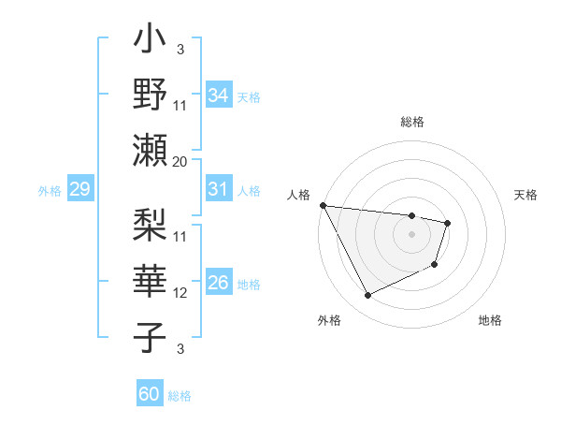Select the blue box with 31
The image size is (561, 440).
(218, 189)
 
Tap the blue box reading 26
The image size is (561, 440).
(218, 283)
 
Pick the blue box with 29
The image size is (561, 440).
(79, 190)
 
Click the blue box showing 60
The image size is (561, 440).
(149, 394)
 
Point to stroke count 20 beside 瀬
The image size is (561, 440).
(180, 161)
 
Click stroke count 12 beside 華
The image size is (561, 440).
(180, 293)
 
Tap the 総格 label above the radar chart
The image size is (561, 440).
(411, 122)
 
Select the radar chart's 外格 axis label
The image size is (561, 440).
(328, 320)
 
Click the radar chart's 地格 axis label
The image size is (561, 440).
(490, 320)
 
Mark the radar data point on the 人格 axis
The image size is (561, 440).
(323, 205)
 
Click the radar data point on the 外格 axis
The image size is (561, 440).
(367, 295)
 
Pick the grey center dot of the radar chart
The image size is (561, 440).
(411, 234)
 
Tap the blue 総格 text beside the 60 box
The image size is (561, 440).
(180, 395)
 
